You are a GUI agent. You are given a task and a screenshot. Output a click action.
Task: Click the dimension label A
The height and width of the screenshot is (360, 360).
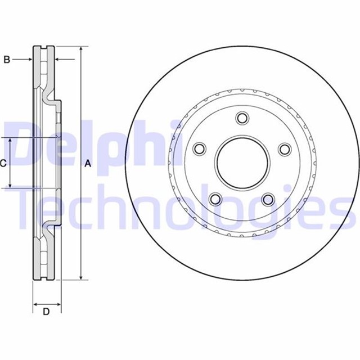pos(87,164)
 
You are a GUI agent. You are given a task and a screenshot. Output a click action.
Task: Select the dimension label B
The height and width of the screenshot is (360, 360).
pos(7,59)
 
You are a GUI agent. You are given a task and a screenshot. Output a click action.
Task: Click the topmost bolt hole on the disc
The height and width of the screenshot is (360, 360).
pos(242,118)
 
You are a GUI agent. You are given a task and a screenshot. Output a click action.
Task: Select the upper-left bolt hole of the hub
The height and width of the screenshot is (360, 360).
pos(199,149)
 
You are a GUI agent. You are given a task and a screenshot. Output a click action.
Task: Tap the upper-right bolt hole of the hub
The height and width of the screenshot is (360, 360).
pos(285,148)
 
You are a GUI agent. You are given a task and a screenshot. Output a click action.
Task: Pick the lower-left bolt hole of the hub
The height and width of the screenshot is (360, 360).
pos(215,199)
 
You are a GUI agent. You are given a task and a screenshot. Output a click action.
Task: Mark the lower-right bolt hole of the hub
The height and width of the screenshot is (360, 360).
pos(268,199)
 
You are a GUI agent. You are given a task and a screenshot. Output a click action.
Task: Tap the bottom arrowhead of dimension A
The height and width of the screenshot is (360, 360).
pos(82,276)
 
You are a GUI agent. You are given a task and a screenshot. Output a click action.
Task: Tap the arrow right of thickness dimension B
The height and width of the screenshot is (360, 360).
pos(60,59)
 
